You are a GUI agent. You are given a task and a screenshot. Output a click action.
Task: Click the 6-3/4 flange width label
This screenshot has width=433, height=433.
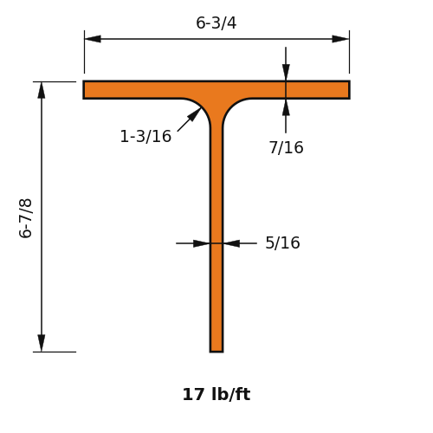[x=216, y=23]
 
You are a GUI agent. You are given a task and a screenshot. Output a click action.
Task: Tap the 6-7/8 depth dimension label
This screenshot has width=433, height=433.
[x=25, y=218]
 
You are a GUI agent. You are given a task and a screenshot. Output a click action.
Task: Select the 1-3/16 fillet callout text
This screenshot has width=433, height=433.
[x=145, y=136]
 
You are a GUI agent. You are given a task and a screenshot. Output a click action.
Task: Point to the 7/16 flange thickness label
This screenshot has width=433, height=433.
[x=287, y=147]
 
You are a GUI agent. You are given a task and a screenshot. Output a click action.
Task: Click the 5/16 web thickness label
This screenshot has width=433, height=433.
[x=282, y=242]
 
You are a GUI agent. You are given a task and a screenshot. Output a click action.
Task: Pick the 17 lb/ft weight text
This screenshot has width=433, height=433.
[x=216, y=394]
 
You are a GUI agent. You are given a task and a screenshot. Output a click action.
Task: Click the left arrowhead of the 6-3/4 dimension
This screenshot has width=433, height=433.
[x=93, y=39]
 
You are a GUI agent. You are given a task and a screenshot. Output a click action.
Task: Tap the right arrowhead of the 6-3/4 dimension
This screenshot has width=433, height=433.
[x=341, y=39]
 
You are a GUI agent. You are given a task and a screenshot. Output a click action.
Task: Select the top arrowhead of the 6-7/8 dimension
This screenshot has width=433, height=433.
[x=42, y=90]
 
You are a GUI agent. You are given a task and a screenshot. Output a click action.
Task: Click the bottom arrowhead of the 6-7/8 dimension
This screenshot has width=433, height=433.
[x=42, y=343]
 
